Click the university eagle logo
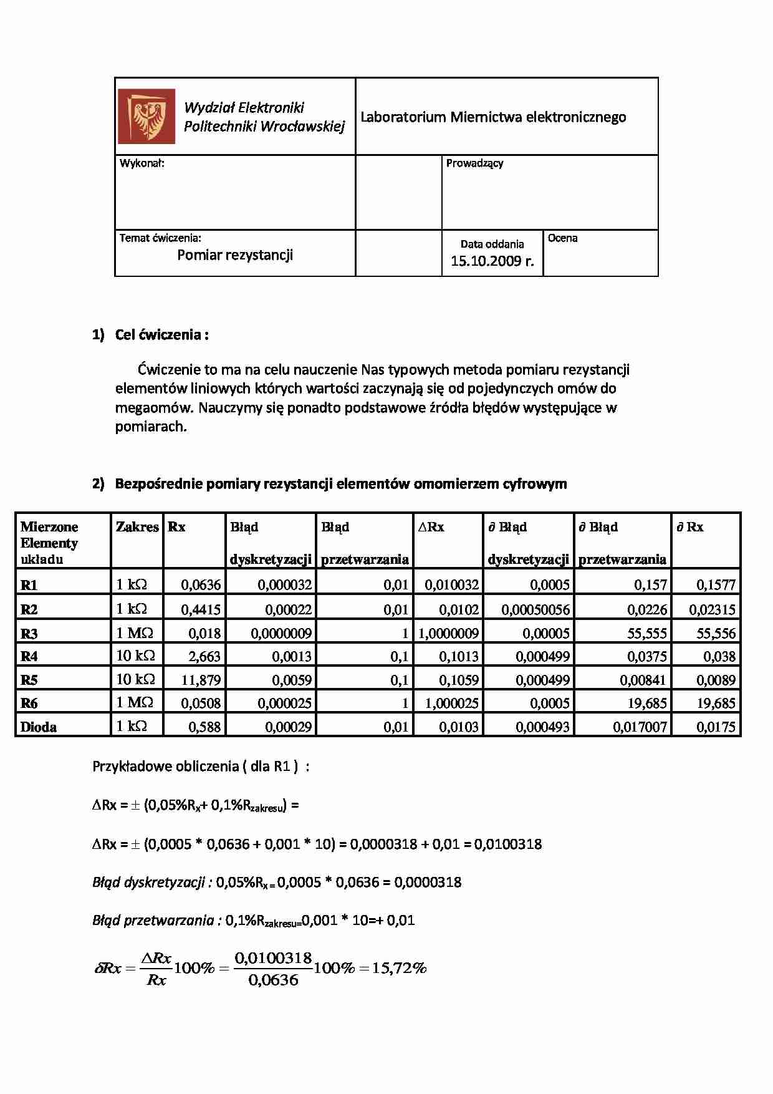[x=147, y=116]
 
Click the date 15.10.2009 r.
[x=492, y=261]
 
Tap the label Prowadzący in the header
[x=474, y=163]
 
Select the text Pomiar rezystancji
[x=235, y=254]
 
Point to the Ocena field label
[x=562, y=238]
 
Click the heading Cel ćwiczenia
[x=161, y=335]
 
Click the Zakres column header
[x=137, y=527]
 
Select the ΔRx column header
[x=431, y=527]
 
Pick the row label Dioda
[x=39, y=727]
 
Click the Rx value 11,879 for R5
[x=201, y=680]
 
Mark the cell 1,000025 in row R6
[x=451, y=704]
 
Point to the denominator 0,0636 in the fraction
[x=273, y=980]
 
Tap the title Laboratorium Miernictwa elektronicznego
[x=493, y=117]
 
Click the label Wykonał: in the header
[x=142, y=163]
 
